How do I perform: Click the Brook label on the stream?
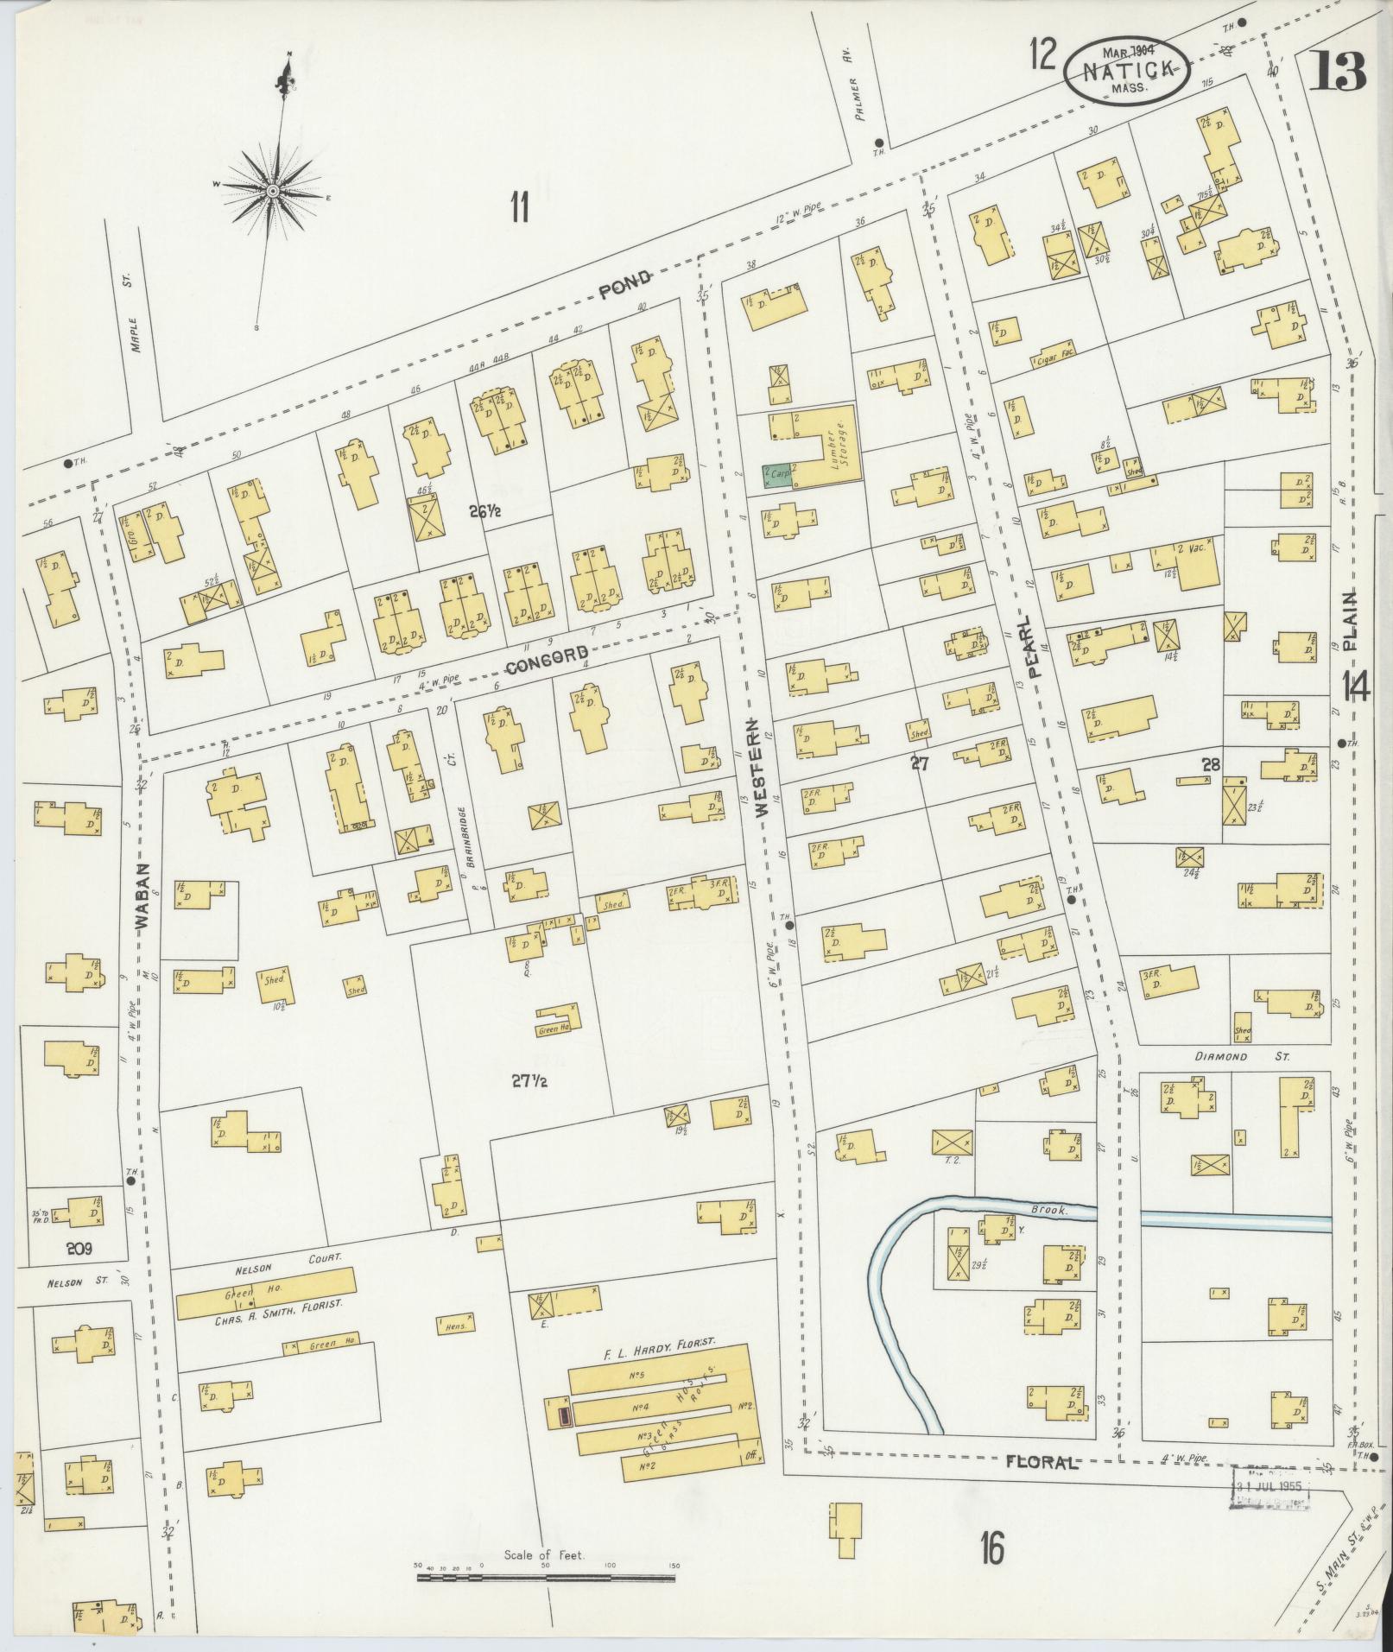coord(1050,1210)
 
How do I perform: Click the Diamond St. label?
coord(1241,1056)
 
